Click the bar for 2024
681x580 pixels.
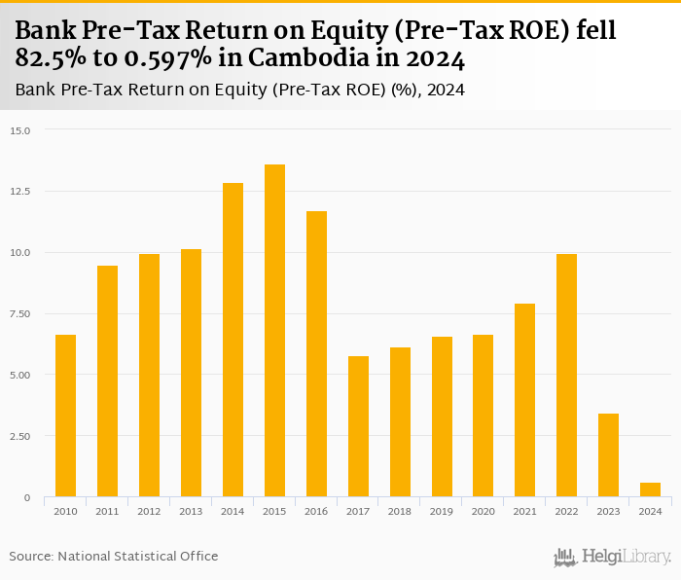click(x=650, y=489)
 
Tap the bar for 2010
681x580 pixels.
click(x=65, y=416)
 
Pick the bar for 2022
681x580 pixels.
click(x=566, y=376)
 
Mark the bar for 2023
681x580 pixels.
click(x=608, y=455)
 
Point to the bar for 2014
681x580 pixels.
click(x=233, y=340)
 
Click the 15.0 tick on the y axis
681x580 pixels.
click(x=20, y=130)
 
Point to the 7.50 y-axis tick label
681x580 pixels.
click(x=20, y=313)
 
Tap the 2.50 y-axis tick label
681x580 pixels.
click(x=20, y=436)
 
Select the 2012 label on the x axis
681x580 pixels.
click(x=149, y=511)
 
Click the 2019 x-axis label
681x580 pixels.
click(x=442, y=511)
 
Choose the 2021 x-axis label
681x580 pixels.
click(x=525, y=511)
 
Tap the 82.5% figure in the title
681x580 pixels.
click(x=48, y=59)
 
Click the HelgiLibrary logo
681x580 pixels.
click(x=613, y=557)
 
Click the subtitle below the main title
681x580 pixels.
click(x=239, y=91)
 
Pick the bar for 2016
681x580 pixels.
click(x=316, y=354)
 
